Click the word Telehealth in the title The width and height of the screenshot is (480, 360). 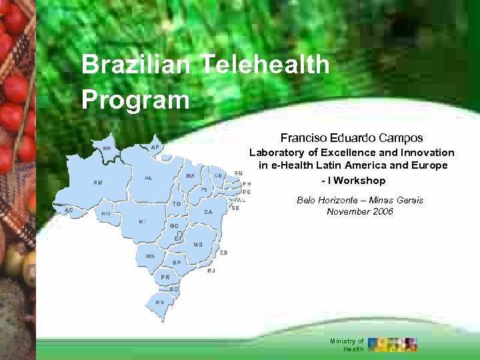(x=265, y=65)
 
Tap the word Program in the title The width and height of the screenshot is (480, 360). (x=135, y=100)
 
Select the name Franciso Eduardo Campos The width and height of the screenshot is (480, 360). (x=351, y=138)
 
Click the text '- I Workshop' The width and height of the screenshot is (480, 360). (x=353, y=181)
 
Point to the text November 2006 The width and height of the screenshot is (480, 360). (x=360, y=211)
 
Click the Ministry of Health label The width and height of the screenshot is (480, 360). (x=347, y=345)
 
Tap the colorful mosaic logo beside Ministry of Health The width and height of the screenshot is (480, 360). (x=393, y=344)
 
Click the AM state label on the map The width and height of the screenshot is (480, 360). (x=98, y=182)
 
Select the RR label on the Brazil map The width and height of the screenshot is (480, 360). (x=107, y=148)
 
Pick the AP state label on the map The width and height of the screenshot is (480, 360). (x=155, y=147)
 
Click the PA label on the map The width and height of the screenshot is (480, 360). (x=148, y=178)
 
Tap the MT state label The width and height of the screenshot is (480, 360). (x=143, y=221)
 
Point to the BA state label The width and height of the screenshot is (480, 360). (x=208, y=211)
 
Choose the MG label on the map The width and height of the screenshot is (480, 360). (x=198, y=245)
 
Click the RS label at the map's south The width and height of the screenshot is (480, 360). (x=160, y=302)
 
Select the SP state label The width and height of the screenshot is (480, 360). (x=177, y=263)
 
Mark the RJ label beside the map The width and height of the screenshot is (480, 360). (x=211, y=271)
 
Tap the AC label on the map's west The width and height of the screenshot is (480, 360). (x=69, y=209)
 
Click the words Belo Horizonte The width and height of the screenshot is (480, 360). (x=324, y=200)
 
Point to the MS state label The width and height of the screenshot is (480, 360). (x=150, y=256)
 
